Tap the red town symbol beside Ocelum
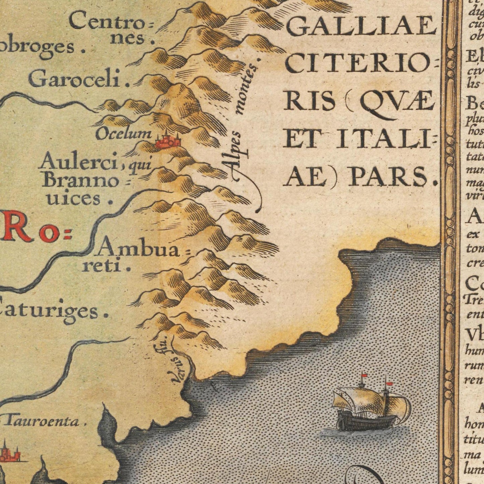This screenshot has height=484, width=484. point(167,141)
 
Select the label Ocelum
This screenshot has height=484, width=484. point(123,134)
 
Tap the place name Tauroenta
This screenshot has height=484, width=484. point(42,421)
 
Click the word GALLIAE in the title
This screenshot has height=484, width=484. point(360,27)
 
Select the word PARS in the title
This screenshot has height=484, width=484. point(389,177)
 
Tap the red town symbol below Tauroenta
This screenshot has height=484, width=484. point(8,454)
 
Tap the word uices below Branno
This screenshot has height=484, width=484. point(74,198)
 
